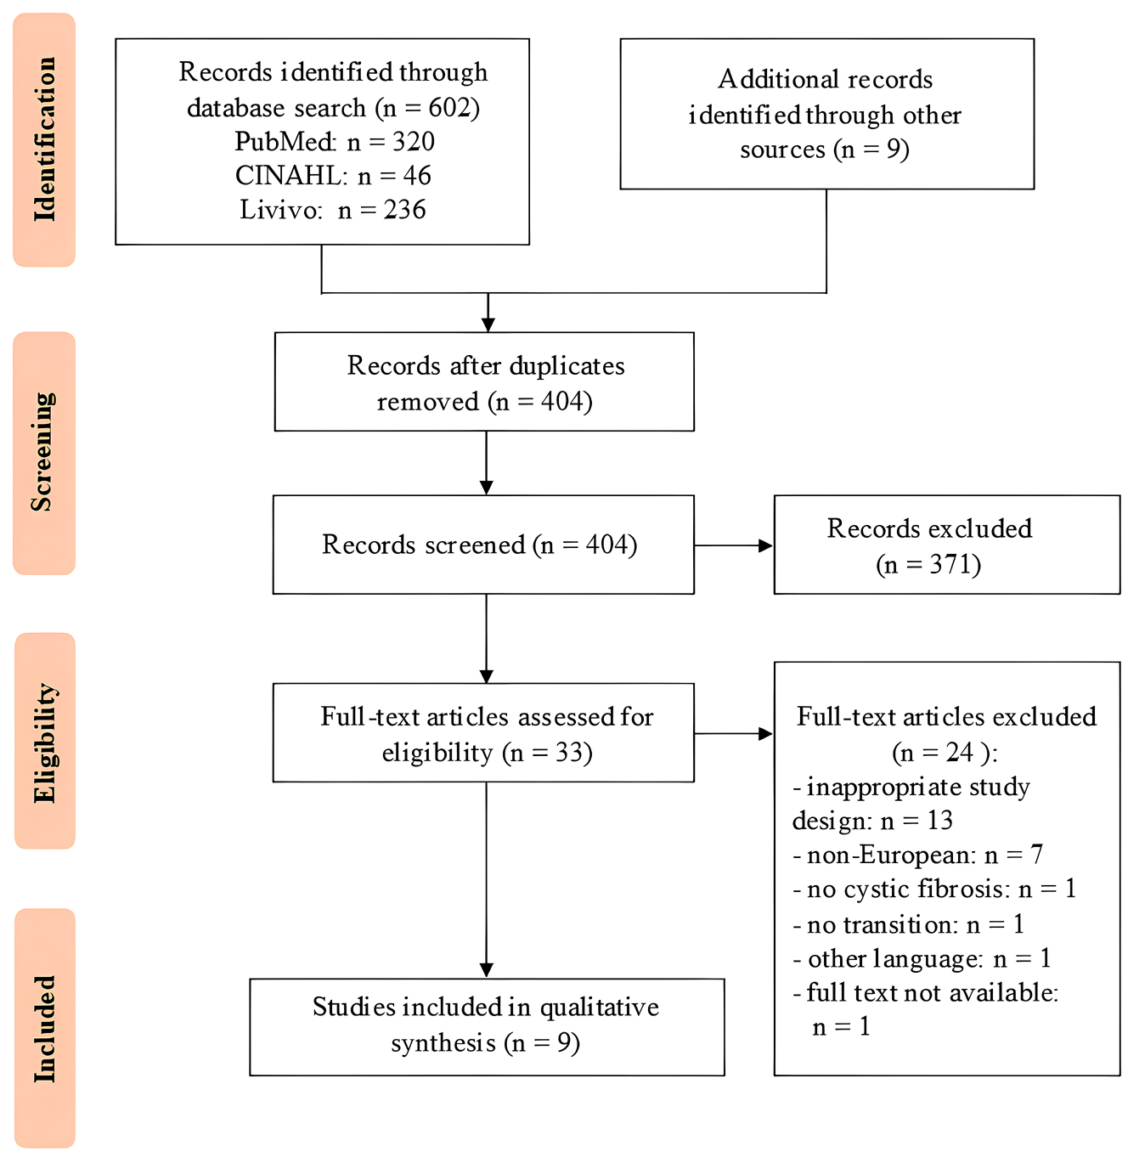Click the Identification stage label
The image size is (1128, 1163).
coord(44,139)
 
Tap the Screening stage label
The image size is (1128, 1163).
coord(44,453)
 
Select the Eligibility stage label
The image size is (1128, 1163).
coord(44,741)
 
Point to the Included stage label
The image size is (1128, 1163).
coord(44,1028)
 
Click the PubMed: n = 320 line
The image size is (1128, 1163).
coord(334,141)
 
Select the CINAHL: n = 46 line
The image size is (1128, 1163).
coord(333,176)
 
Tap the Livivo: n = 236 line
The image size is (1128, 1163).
coord(332,210)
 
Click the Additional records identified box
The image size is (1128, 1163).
coord(826,114)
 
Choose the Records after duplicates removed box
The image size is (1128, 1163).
coord(484,382)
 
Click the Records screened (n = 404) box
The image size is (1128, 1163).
coord(482,545)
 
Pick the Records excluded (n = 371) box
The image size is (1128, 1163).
coord(946,545)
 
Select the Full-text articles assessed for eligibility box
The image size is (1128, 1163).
coord(482,733)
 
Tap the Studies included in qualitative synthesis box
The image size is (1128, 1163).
coord(486,1026)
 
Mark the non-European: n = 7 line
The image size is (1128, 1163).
coord(917,855)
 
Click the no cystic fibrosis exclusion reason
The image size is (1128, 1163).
coord(934,889)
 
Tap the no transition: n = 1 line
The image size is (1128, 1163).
coord(909,924)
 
